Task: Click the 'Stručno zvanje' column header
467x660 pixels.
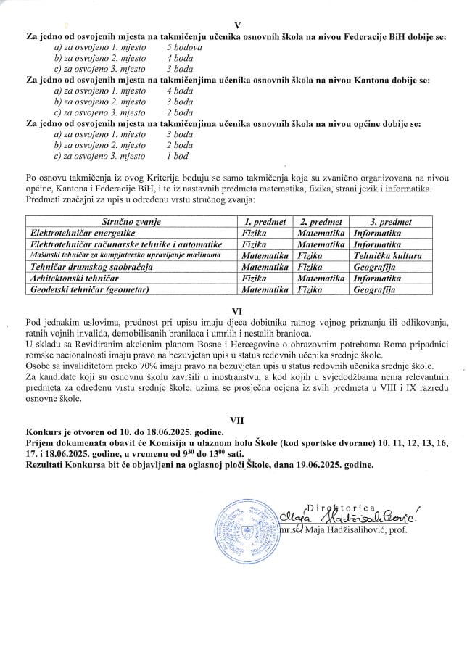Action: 131,222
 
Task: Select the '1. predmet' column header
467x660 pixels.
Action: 265,222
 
